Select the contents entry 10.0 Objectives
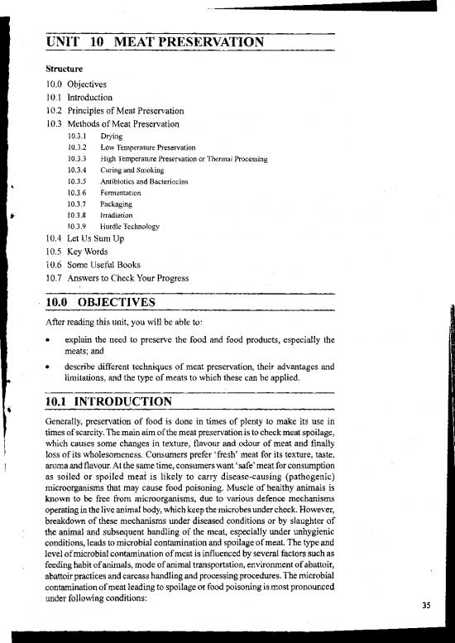point(77,84)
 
